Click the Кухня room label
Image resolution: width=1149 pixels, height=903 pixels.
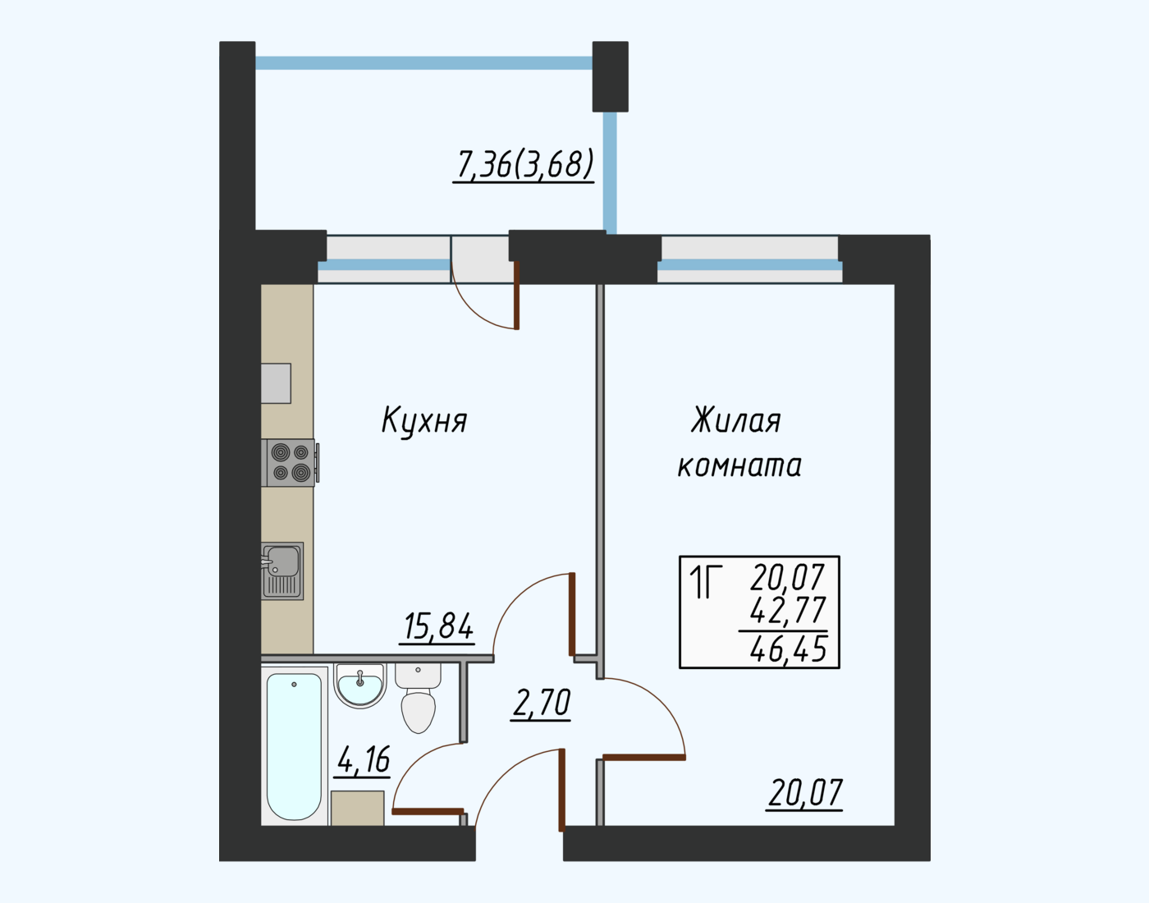click(424, 421)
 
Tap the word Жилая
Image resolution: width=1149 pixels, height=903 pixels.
click(736, 421)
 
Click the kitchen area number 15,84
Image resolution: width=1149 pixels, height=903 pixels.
click(437, 626)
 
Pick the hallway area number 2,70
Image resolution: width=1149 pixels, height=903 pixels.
click(541, 704)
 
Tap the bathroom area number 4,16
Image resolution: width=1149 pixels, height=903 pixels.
click(363, 760)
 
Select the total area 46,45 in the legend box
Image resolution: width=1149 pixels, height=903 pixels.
click(788, 650)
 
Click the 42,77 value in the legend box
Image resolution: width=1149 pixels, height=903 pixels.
click(788, 610)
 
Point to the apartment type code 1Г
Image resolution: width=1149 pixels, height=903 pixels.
click(705, 581)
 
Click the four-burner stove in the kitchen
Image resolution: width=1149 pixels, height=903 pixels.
click(291, 463)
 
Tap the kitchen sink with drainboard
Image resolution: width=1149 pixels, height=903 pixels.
click(282, 571)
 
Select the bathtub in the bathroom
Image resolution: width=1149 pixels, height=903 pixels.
click(294, 746)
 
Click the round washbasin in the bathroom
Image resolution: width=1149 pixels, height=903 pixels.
click(360, 686)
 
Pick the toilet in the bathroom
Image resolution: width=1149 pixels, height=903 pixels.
click(419, 699)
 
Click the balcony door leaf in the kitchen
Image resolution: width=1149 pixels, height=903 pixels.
click(516, 295)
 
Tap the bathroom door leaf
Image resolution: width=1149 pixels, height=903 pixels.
click(428, 811)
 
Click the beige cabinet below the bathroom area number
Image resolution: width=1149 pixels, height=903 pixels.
click(358, 808)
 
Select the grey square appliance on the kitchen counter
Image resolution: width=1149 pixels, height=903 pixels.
click(276, 383)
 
